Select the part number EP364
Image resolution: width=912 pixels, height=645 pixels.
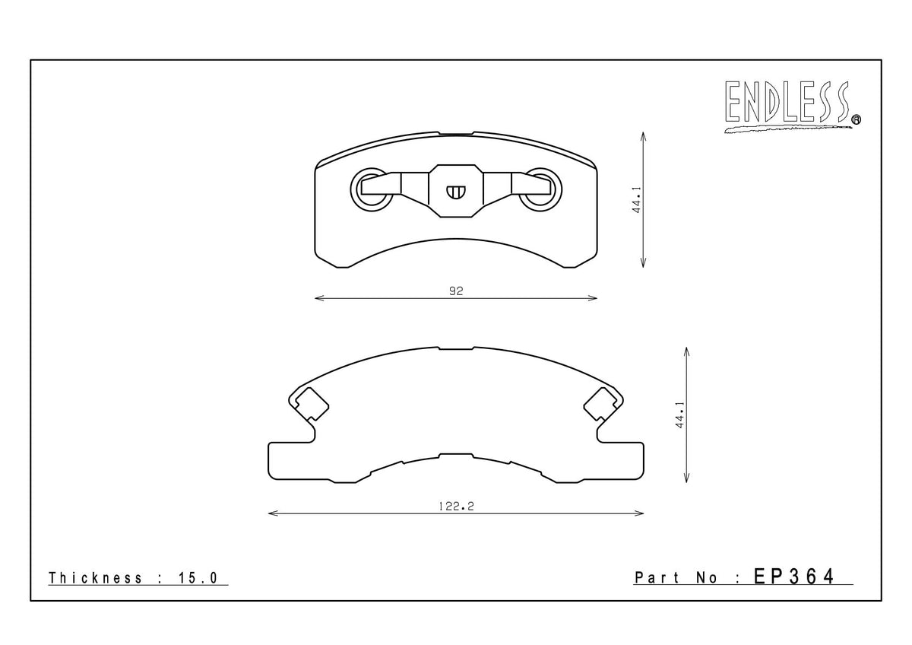793,577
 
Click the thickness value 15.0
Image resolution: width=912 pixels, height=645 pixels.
198,578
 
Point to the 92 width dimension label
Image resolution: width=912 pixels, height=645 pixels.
456,291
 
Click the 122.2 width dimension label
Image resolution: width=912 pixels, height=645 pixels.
456,506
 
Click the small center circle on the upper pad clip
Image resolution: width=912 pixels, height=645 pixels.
456,192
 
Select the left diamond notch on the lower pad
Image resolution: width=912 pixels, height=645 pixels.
310,402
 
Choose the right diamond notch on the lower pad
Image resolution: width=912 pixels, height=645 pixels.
602,402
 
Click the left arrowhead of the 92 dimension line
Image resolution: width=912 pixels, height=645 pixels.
318,298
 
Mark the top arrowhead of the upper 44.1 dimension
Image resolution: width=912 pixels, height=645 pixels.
644,135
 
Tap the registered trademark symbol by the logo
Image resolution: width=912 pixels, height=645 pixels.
856,119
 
